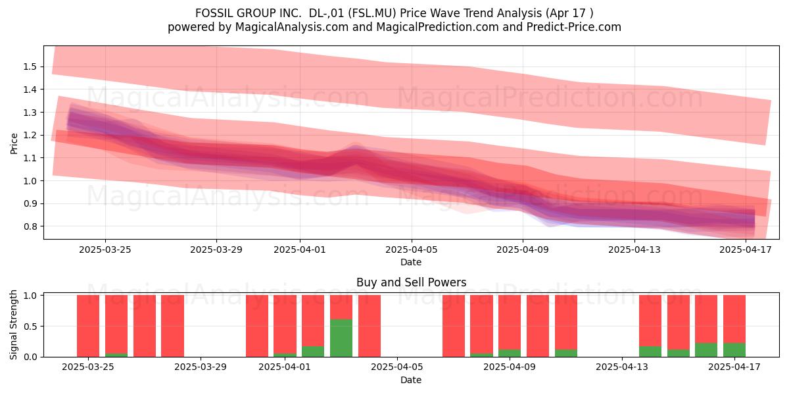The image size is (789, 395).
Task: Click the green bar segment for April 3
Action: pyautogui.click(x=341, y=338)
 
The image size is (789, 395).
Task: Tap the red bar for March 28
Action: pyautogui.click(x=172, y=326)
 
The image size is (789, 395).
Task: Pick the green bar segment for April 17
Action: pyautogui.click(x=734, y=350)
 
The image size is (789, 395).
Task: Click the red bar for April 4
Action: pyautogui.click(x=369, y=326)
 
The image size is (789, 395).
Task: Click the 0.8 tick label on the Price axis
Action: pyautogui.click(x=30, y=226)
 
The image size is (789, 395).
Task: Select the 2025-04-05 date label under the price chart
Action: pyautogui.click(x=412, y=250)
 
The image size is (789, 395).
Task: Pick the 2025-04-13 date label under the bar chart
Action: pyautogui.click(x=622, y=367)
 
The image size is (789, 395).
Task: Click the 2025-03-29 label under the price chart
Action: pyautogui.click(x=216, y=250)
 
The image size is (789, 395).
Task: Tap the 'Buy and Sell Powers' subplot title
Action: pyautogui.click(x=412, y=282)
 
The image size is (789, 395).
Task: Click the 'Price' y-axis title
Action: pyautogui.click(x=14, y=144)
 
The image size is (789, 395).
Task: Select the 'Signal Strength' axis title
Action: pyautogui.click(x=13, y=325)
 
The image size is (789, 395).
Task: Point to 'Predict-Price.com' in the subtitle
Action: pyautogui.click(x=574, y=27)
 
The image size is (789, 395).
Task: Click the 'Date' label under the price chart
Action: pyautogui.click(x=411, y=263)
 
